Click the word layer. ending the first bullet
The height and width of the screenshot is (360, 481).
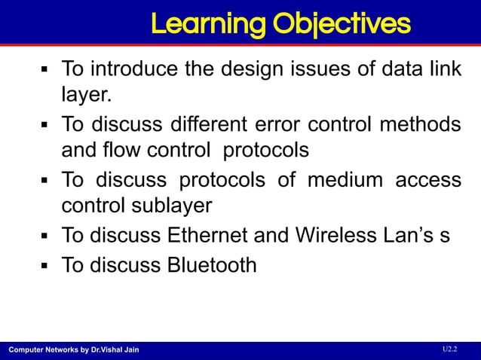pos(84,95)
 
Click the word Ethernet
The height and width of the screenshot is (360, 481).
pos(206,235)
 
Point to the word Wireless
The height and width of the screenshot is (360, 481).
pos(335,235)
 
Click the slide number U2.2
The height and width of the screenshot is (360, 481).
pos(449,349)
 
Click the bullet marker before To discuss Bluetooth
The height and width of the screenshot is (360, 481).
pos(44,266)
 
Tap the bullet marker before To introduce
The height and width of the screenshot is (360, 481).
pos(44,70)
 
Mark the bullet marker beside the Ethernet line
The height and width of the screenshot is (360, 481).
pos(44,236)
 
